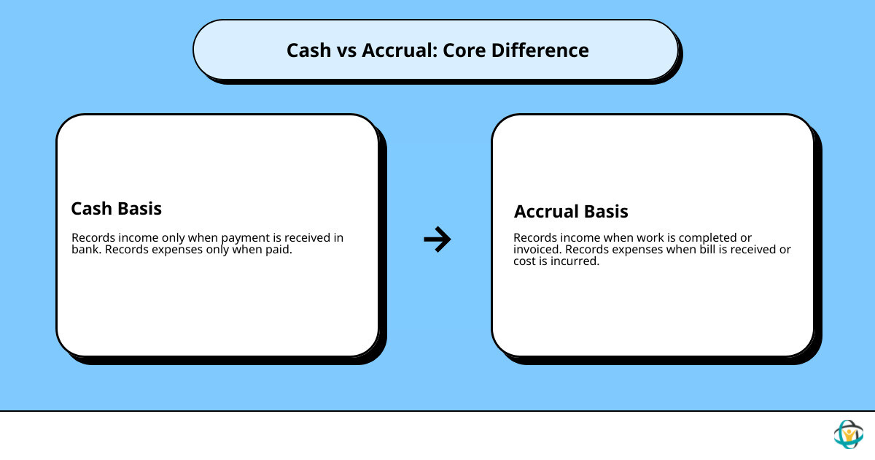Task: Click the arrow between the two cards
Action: pyautogui.click(x=437, y=239)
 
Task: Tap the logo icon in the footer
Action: pyautogui.click(x=848, y=434)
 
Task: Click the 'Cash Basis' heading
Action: pyautogui.click(x=116, y=209)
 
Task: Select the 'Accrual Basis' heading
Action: pyautogui.click(x=571, y=212)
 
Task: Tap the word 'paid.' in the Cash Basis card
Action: pyautogui.click(x=277, y=250)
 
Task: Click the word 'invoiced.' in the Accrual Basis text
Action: pyautogui.click(x=537, y=250)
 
